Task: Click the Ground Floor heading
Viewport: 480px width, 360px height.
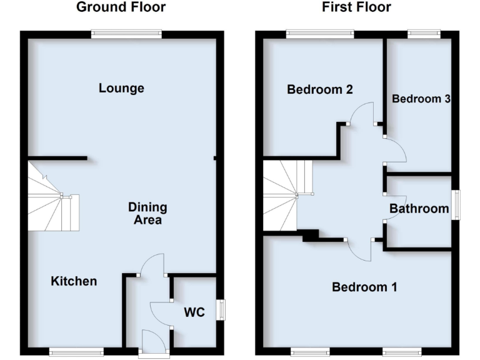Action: coord(121,7)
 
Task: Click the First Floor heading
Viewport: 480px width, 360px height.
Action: coord(357,7)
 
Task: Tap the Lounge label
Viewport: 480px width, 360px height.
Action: coord(122,88)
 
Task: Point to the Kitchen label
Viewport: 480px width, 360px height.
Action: coord(74,281)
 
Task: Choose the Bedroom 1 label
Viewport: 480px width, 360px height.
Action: coord(364,287)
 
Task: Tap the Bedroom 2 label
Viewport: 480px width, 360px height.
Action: coord(320,89)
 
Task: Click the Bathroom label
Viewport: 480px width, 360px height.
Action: coord(419,209)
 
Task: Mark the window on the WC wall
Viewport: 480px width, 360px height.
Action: coord(222,310)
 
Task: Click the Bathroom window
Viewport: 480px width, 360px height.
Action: coord(456,204)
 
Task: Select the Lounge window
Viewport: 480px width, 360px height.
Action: coord(126,34)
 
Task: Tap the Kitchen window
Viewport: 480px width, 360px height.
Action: coord(76,352)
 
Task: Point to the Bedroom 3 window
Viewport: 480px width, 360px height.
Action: coord(424,34)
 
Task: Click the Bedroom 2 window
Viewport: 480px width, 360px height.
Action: coord(320,34)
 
